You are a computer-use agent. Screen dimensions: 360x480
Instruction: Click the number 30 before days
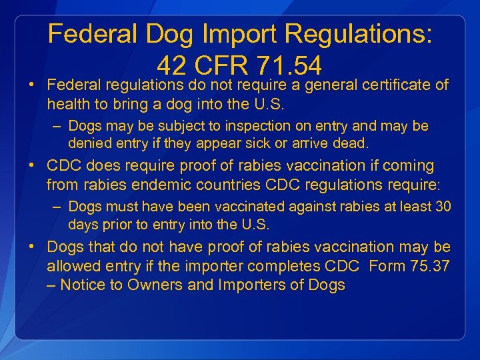(443, 206)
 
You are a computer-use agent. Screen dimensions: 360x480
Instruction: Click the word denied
(87, 143)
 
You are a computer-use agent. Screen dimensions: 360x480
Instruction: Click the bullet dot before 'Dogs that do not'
(32, 247)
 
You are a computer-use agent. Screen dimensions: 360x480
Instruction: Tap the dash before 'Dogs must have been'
(58, 206)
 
